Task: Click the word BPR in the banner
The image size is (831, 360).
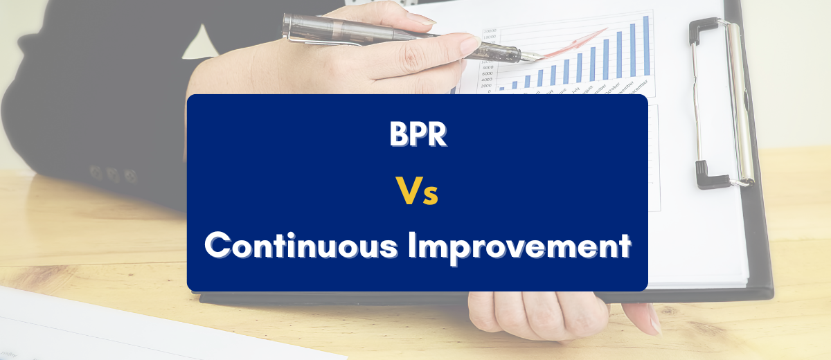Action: click(418, 135)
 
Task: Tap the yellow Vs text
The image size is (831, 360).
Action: click(418, 192)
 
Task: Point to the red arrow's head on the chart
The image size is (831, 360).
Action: click(605, 30)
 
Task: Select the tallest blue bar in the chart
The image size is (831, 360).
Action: click(646, 45)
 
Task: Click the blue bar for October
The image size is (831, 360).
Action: click(619, 54)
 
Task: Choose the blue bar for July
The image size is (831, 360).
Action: click(579, 68)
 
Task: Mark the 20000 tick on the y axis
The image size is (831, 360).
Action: click(490, 31)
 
